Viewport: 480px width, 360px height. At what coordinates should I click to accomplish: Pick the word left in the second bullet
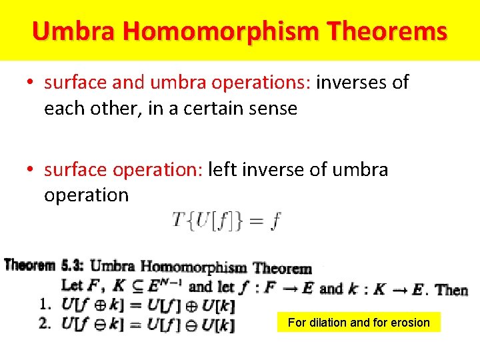point(223,170)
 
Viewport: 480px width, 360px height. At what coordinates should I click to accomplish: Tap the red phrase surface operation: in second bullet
point(124,170)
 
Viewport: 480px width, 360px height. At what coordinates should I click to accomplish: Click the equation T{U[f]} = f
point(227,221)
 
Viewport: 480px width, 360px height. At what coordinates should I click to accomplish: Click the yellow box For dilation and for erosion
point(359,323)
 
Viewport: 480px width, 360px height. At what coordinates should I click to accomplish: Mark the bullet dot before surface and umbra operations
point(31,83)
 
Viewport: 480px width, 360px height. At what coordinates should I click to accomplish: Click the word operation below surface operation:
point(86,195)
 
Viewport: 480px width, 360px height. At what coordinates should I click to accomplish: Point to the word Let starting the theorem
point(72,287)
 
